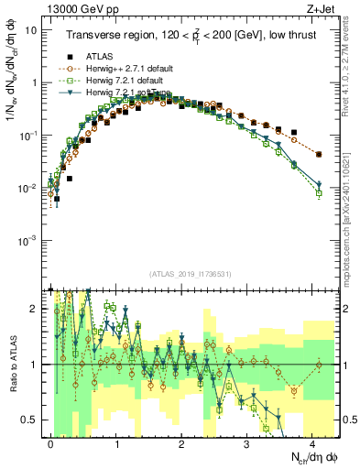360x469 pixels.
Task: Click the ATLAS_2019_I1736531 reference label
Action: (x=192, y=274)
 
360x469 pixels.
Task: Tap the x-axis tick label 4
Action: (x=312, y=442)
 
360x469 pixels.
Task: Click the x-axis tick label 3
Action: (x=247, y=442)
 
